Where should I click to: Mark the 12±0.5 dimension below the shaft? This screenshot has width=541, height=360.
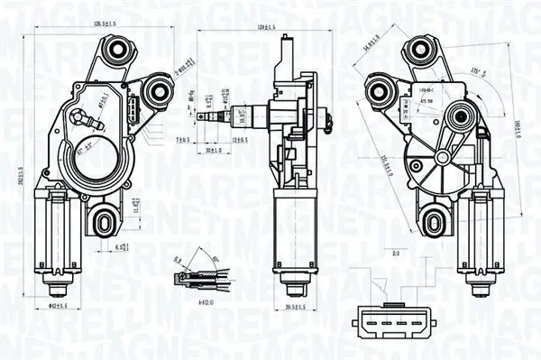pos(241,141)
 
